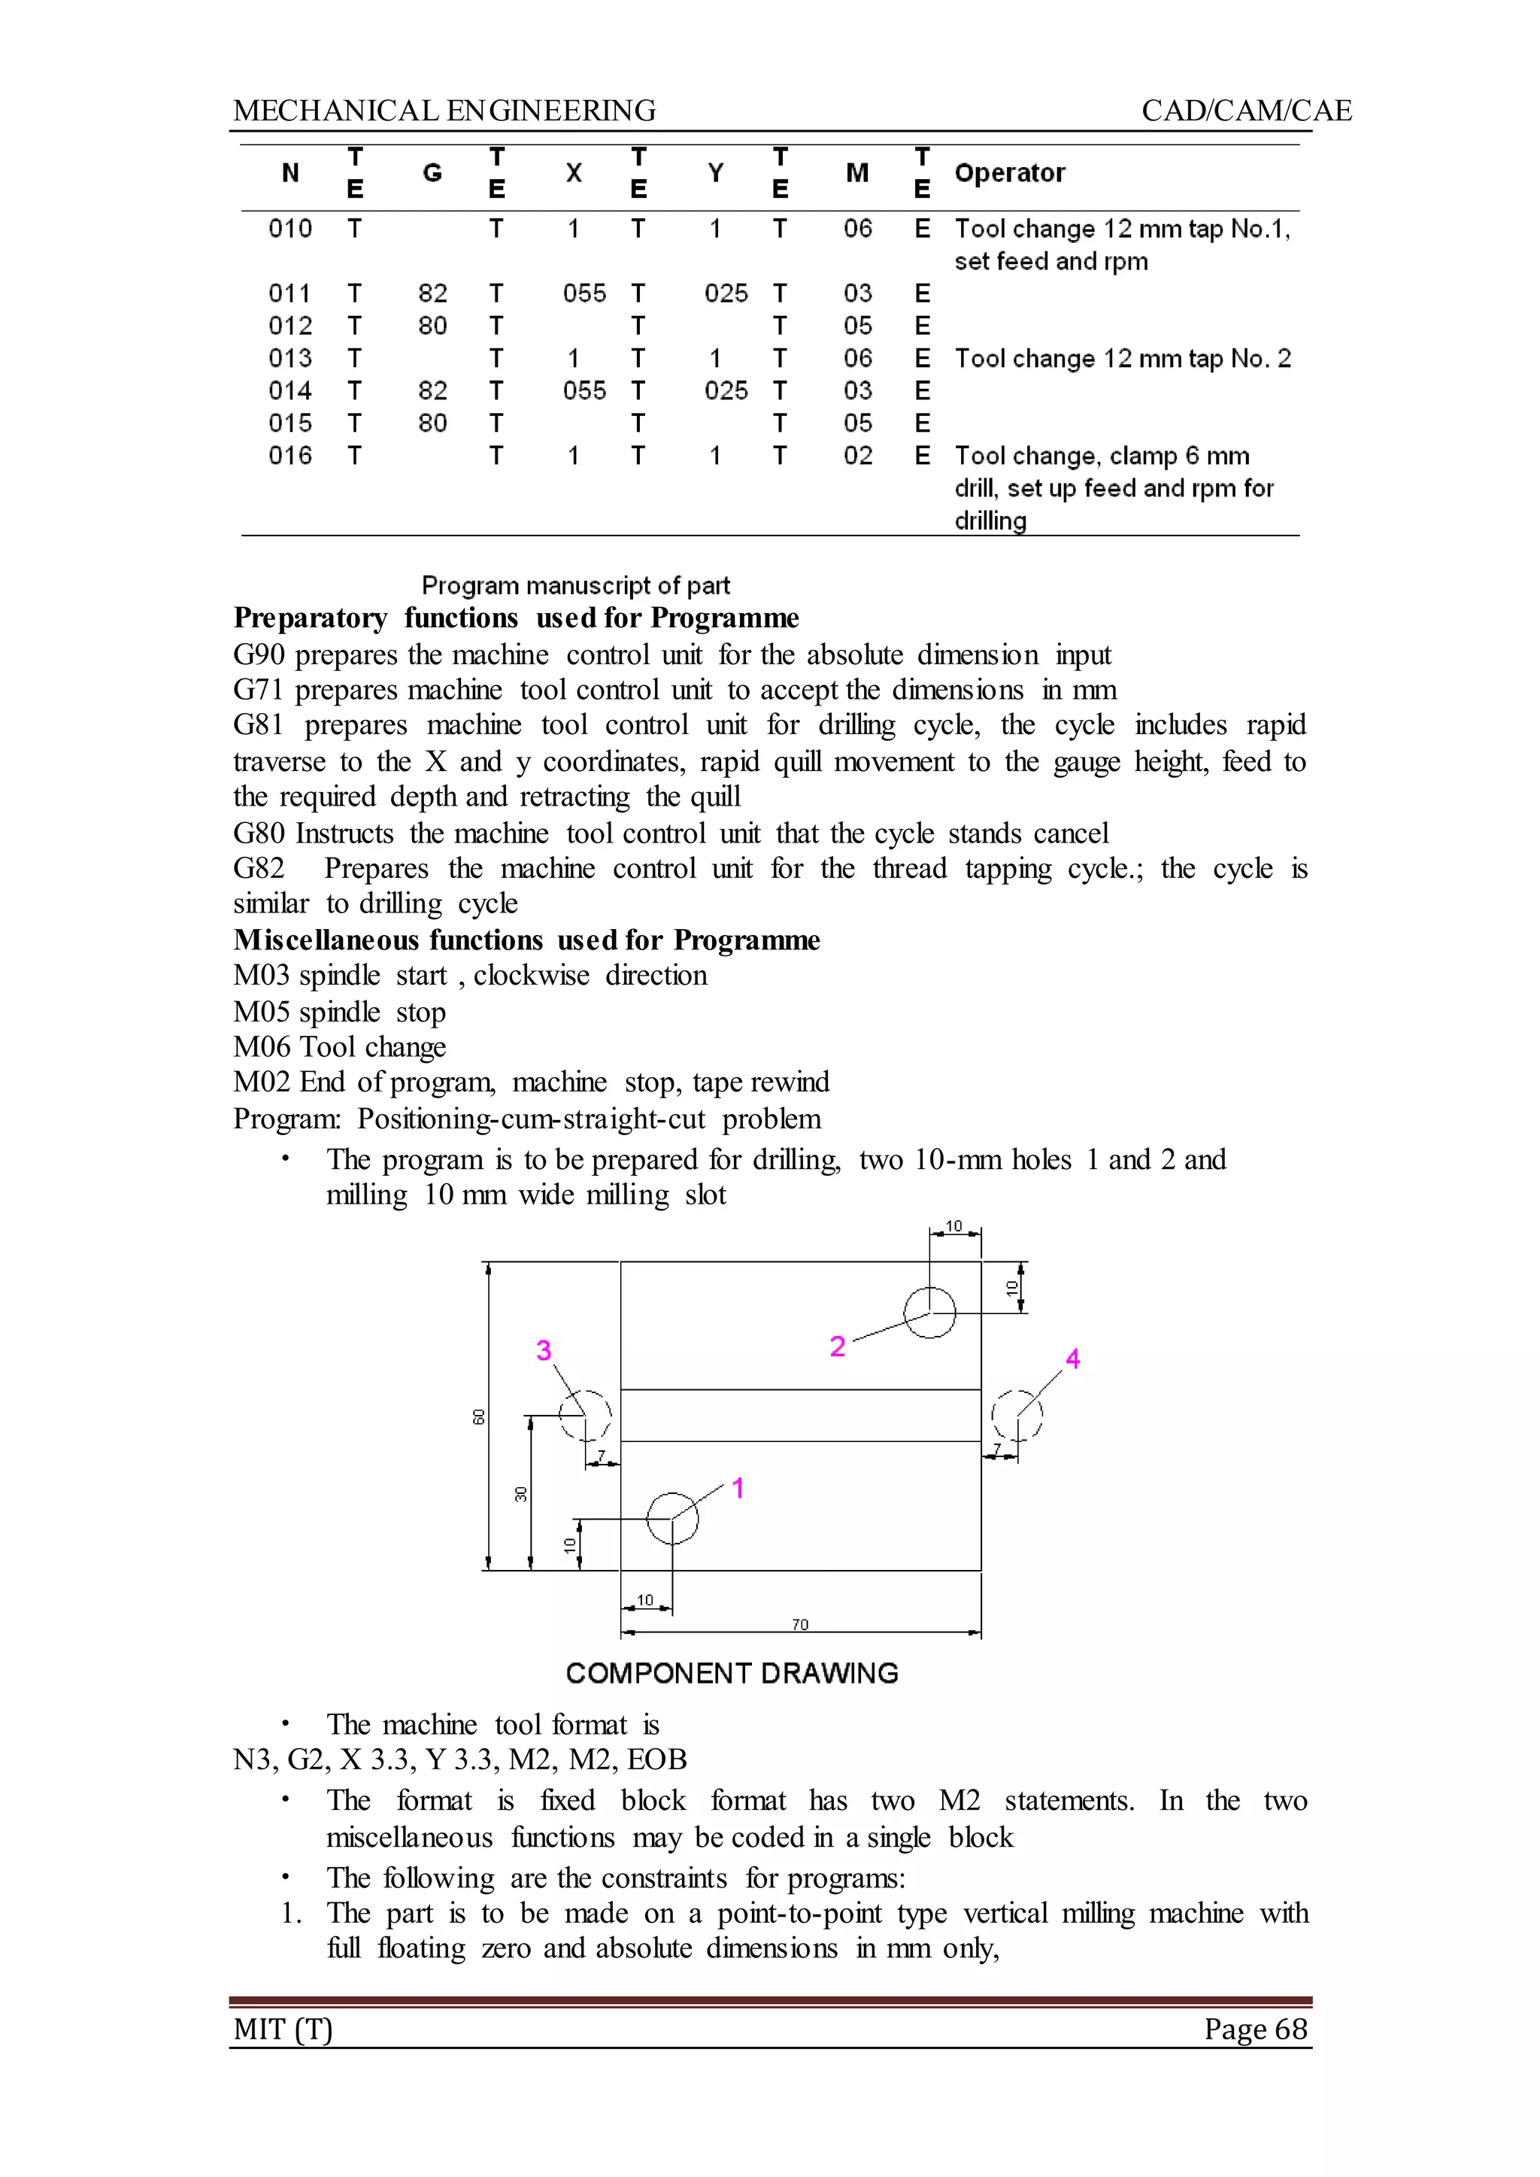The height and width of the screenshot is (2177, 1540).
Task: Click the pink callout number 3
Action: pyautogui.click(x=544, y=1350)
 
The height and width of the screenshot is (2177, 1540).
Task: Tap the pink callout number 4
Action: pyautogui.click(x=1072, y=1359)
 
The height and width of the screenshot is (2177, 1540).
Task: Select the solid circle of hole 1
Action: pyautogui.click(x=672, y=1518)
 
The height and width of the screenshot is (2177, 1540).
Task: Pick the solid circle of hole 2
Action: pyautogui.click(x=929, y=1313)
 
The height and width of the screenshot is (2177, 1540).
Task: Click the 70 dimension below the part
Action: pyautogui.click(x=800, y=1625)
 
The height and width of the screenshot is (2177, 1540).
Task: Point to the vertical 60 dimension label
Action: pyautogui.click(x=479, y=1416)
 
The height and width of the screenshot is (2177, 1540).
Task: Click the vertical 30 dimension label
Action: pyautogui.click(x=520, y=1494)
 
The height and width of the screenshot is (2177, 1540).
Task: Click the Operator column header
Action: pyautogui.click(x=1009, y=173)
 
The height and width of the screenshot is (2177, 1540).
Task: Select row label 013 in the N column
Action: pyautogui.click(x=290, y=359)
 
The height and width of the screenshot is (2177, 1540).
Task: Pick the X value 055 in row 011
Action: pyautogui.click(x=584, y=293)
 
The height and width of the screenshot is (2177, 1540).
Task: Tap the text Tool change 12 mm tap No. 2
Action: pyautogui.click(x=1122, y=359)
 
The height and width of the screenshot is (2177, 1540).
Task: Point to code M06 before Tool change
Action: pyautogui.click(x=262, y=1047)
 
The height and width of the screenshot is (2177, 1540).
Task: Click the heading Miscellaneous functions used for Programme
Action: pyautogui.click(x=526, y=940)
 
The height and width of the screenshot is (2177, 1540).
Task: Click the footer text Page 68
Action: pyautogui.click(x=1256, y=2028)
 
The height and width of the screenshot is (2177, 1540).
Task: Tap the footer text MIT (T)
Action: pyautogui.click(x=283, y=2028)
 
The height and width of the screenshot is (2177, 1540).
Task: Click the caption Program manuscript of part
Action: pyautogui.click(x=575, y=585)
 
